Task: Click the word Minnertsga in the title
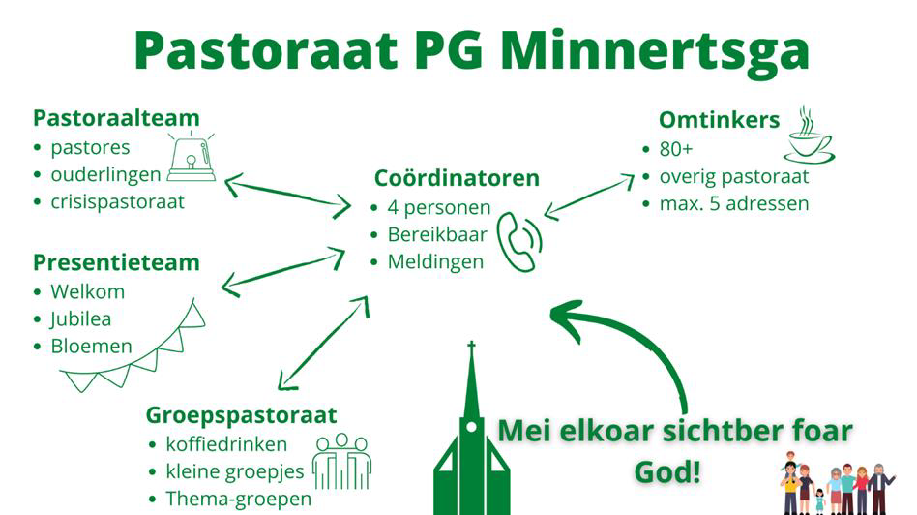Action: pyautogui.click(x=655, y=52)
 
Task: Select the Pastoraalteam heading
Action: pyautogui.click(x=116, y=118)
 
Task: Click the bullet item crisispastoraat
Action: pyautogui.click(x=118, y=202)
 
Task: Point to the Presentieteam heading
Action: pyautogui.click(x=116, y=262)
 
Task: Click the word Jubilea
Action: pyautogui.click(x=80, y=318)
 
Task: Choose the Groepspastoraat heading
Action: pyautogui.click(x=241, y=415)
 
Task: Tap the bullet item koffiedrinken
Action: pyautogui.click(x=226, y=444)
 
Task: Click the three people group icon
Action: pyautogui.click(x=342, y=461)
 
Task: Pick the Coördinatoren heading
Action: pyautogui.click(x=457, y=178)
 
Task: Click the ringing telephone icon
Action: pyautogui.click(x=519, y=242)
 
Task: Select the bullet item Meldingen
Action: pyautogui.click(x=435, y=262)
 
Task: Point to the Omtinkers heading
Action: pyautogui.click(x=720, y=120)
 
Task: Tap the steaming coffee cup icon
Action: pyautogui.click(x=809, y=135)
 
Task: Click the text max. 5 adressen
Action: pyautogui.click(x=734, y=203)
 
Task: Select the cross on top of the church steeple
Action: pyautogui.click(x=471, y=346)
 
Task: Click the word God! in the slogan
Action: pyautogui.click(x=667, y=472)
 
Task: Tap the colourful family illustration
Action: pyautogui.click(x=837, y=483)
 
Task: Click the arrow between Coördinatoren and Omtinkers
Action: pyautogui.click(x=589, y=197)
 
